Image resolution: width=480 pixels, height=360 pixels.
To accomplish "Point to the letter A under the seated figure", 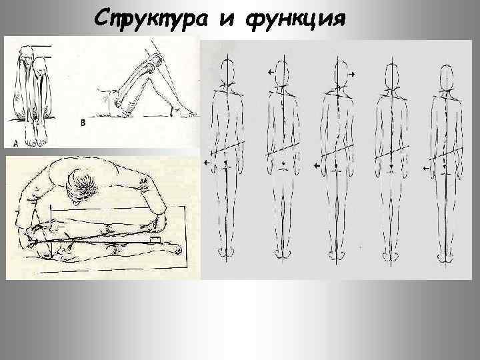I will tap(14, 141).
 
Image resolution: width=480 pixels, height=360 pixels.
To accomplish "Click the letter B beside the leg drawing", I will tap(83, 123).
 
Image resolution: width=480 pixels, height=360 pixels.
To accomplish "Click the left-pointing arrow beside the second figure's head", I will tap(271, 71).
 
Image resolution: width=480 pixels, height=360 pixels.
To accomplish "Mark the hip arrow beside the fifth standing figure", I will tap(429, 162).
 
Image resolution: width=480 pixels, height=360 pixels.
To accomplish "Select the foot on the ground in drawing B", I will tap(183, 111).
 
